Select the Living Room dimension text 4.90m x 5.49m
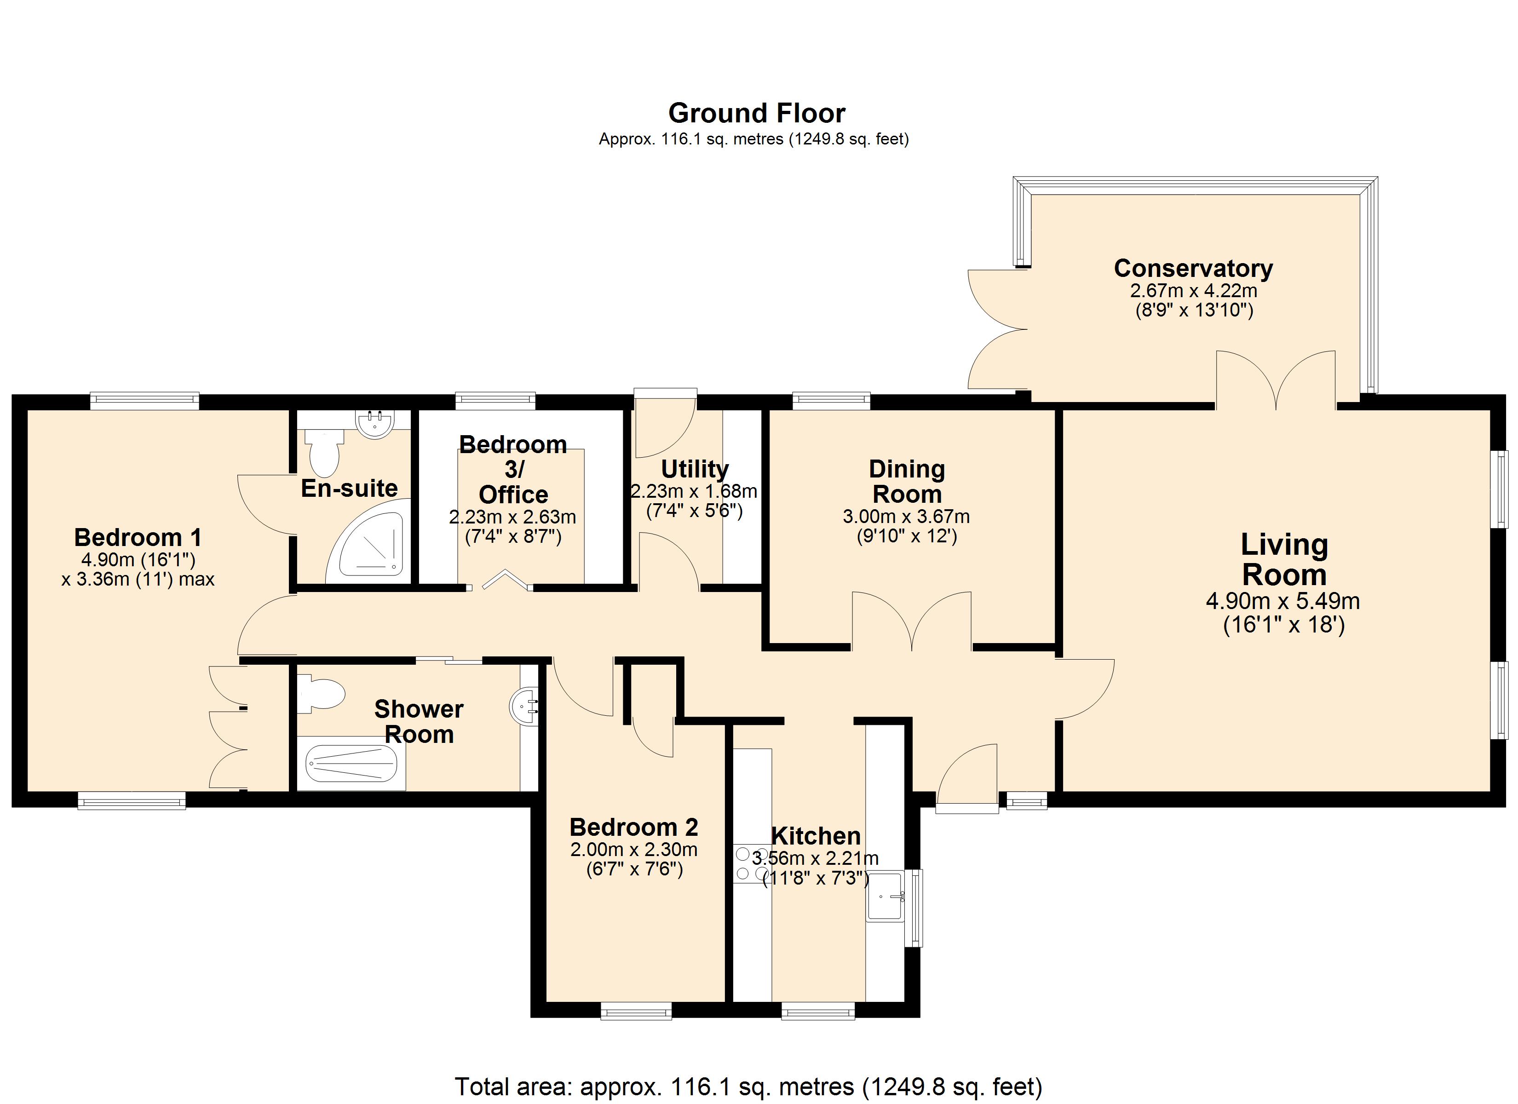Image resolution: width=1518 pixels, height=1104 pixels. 1283,601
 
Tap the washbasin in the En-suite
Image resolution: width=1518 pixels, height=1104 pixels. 375,422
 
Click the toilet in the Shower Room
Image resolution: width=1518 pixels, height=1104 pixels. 321,693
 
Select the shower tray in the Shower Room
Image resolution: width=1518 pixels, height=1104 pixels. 351,763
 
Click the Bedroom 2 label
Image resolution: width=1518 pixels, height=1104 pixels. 634,828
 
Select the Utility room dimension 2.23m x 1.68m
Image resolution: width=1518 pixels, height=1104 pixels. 694,491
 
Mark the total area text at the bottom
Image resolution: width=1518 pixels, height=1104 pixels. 749,1086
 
